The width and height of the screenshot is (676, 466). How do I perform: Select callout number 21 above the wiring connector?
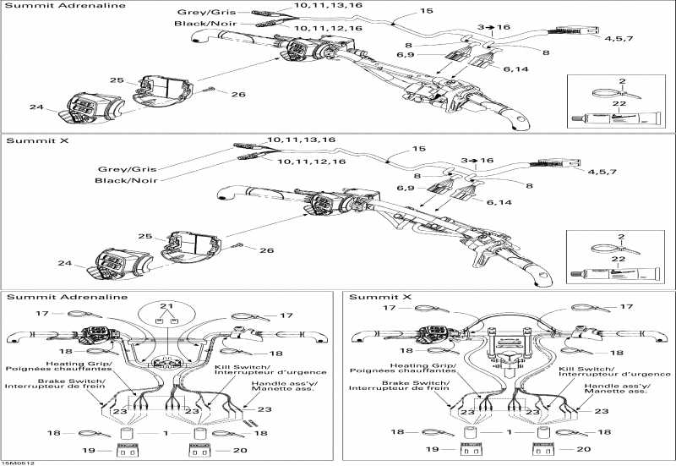coord(167,305)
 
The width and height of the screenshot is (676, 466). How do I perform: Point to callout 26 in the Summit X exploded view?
coord(266,250)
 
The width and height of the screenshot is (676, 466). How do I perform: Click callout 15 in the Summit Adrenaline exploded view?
coord(425,12)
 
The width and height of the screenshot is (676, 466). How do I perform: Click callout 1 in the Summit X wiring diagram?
coord(508,433)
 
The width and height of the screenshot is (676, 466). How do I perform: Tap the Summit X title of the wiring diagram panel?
coord(373,297)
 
